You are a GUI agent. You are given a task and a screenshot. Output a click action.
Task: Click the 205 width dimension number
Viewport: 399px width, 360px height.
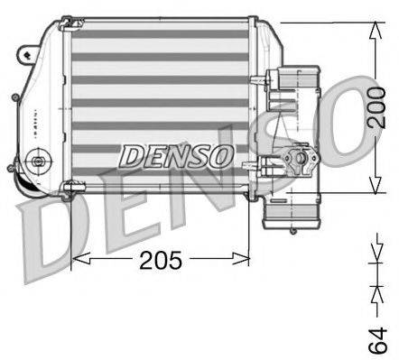coord(161,261)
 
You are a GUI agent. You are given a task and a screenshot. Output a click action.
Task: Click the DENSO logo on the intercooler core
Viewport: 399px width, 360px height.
coord(177,155)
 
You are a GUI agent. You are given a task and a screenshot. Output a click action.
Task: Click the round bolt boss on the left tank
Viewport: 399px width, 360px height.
coord(38,163)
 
